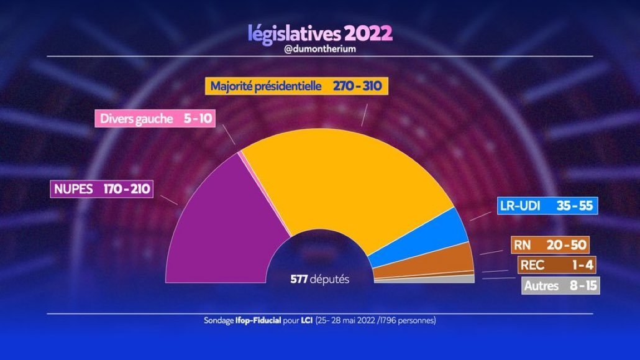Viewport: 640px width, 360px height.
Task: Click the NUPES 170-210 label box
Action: coord(101,188)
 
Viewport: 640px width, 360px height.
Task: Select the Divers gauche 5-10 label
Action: coord(154,118)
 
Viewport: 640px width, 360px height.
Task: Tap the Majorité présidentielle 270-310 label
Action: coord(298,86)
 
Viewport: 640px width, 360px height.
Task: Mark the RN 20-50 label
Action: coord(549,246)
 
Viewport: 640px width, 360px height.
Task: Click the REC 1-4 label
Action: coord(549,265)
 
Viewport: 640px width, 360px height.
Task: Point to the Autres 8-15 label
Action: coord(560,287)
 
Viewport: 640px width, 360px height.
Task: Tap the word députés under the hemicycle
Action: coord(329,279)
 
